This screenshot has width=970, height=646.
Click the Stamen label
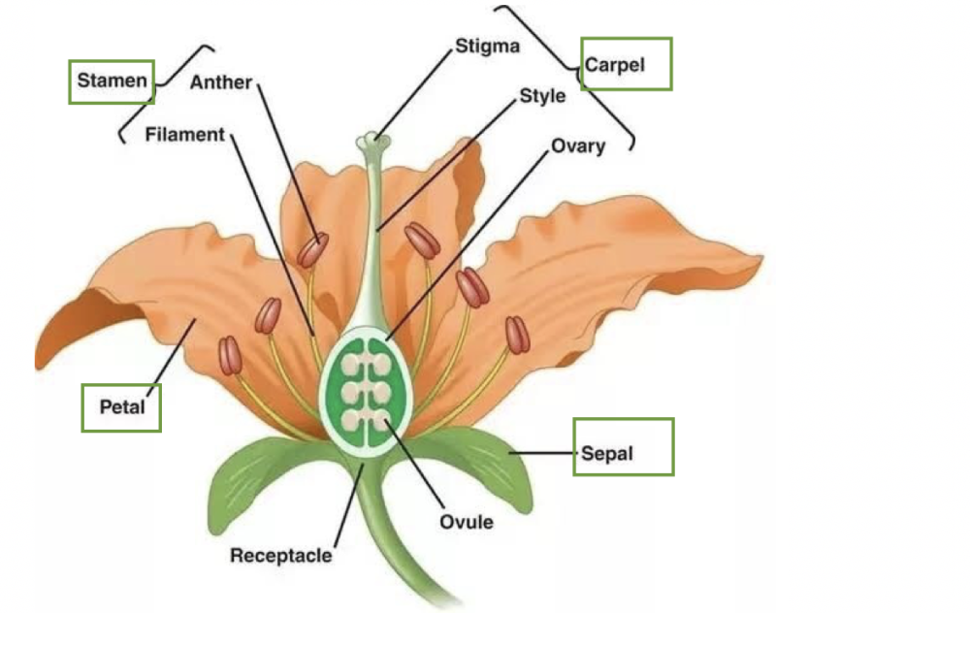tap(112, 81)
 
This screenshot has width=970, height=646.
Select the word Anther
tap(220, 82)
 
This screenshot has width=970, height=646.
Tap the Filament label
tap(184, 134)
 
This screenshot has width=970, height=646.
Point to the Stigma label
tap(487, 46)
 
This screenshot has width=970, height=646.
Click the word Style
tap(542, 96)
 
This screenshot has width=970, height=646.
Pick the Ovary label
tap(578, 146)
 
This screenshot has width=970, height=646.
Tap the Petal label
tap(122, 406)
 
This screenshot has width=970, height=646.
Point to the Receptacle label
tap(280, 556)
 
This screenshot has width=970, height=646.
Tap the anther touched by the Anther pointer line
tap(313, 249)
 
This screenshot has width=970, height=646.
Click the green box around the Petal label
tap(121, 387)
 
